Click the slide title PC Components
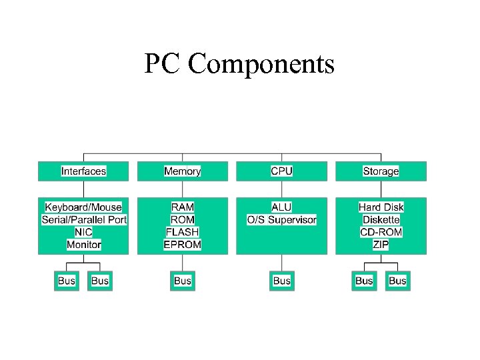pyautogui.click(x=239, y=64)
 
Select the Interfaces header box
pyautogui.click(x=83, y=171)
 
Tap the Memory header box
pyautogui.click(x=182, y=171)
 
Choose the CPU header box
pyautogui.click(x=281, y=171)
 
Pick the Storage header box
pyautogui.click(x=381, y=171)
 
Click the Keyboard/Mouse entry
pyautogui.click(x=83, y=207)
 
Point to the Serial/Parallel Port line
pyautogui.click(x=84, y=219)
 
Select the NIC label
pyautogui.click(x=83, y=232)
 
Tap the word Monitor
pyautogui.click(x=84, y=245)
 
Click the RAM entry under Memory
pyautogui.click(x=183, y=207)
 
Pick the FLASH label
pyautogui.click(x=183, y=232)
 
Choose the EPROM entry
pyautogui.click(x=183, y=245)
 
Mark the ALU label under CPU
pyautogui.click(x=281, y=207)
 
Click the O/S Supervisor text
pyautogui.click(x=282, y=219)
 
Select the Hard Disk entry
pyautogui.click(x=381, y=207)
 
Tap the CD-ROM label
pyautogui.click(x=381, y=232)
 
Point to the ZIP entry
pyautogui.click(x=381, y=245)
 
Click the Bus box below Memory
pyautogui.click(x=183, y=281)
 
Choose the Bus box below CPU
pyautogui.click(x=282, y=281)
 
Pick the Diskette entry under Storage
pyautogui.click(x=381, y=219)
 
